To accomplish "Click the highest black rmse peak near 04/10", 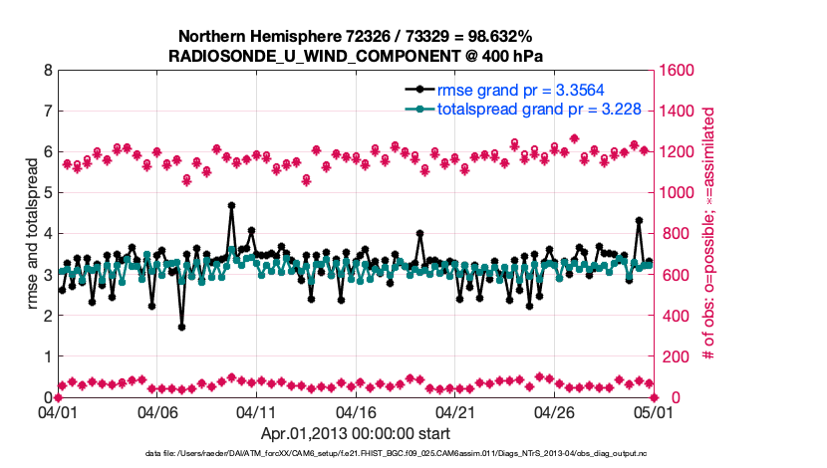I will (231, 205).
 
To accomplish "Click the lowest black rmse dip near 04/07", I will (181, 327).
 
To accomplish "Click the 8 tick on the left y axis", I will (47, 71).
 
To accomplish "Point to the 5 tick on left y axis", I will (47, 193).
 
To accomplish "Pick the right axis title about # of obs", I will (709, 234).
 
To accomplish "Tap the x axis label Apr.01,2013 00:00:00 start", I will (356, 433).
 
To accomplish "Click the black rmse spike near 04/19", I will (419, 234).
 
